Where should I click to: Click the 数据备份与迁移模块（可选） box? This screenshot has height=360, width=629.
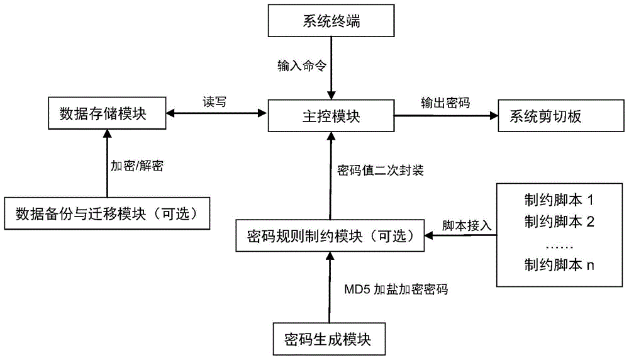106,214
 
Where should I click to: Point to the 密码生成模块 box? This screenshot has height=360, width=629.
329,340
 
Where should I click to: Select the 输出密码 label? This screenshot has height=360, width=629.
445,101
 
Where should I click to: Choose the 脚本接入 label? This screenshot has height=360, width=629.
462,224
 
